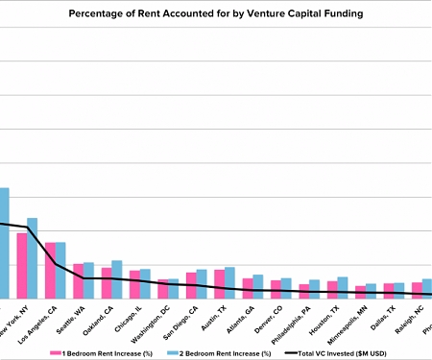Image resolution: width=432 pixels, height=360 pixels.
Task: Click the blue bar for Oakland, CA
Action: click(117, 279)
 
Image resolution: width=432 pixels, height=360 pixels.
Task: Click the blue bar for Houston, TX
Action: click(343, 287)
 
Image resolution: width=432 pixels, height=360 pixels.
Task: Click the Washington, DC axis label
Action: click(157, 323)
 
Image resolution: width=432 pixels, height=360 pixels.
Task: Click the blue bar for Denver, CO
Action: click(286, 288)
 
